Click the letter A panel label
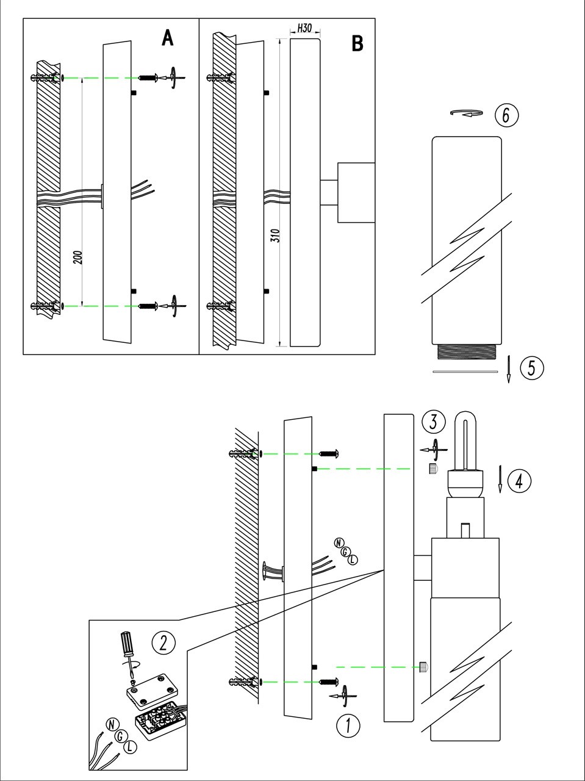(x=168, y=38)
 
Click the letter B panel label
(x=357, y=43)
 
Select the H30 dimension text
(x=304, y=28)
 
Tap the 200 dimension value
(x=77, y=257)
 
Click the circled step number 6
(x=506, y=114)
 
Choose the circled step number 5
(x=531, y=367)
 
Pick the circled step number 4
(x=519, y=481)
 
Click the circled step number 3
(x=434, y=422)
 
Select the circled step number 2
(x=163, y=642)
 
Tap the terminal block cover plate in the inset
(x=151, y=688)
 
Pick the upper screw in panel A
(x=149, y=77)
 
